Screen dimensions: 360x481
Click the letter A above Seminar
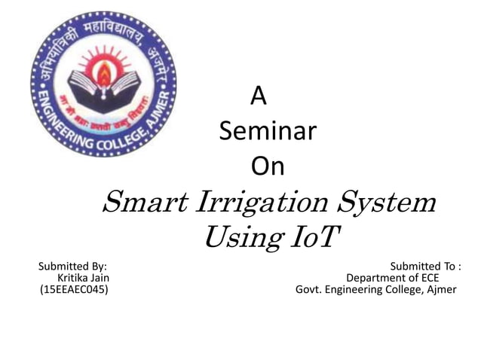(258, 96)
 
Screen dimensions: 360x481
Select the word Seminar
(267, 132)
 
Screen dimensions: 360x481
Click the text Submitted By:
(72, 266)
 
